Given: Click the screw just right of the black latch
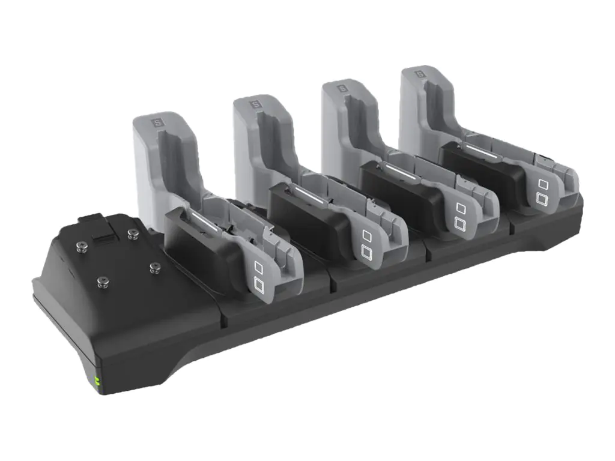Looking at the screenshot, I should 131,232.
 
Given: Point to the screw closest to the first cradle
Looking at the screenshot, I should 154,267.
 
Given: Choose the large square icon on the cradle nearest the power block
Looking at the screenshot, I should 259,285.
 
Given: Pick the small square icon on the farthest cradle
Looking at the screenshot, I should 542,183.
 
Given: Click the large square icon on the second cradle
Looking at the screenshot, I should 365,251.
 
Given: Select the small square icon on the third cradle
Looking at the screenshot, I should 461,207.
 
